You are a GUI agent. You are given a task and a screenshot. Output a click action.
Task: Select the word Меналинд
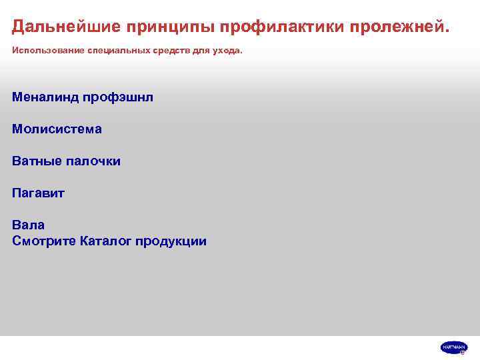pos(45,97)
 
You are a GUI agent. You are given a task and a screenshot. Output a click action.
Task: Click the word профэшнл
pos(118,97)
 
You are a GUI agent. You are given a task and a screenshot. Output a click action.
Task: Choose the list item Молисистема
pos(57,129)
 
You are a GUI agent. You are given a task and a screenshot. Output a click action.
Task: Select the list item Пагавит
pos(38,193)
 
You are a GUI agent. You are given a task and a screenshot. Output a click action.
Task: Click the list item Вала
pos(28,225)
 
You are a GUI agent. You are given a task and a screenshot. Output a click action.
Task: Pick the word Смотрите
pos(43,241)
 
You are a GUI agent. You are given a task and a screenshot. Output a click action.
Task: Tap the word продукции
pos(171,241)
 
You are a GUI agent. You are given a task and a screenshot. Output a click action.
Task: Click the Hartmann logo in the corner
pos(453,347)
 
